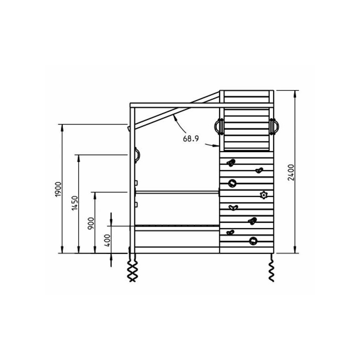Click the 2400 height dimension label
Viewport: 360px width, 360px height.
pyautogui.click(x=291, y=172)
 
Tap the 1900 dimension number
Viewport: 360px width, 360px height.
pyautogui.click(x=58, y=189)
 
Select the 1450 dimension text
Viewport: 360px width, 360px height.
pyautogui.click(x=75, y=203)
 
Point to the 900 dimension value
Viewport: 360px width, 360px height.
pyautogui.click(x=91, y=223)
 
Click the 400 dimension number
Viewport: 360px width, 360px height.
pyautogui.click(x=107, y=240)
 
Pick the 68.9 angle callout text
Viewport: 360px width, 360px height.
pyautogui.click(x=191, y=139)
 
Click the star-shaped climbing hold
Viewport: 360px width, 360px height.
pyautogui.click(x=264, y=195)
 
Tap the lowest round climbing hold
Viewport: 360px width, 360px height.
pyautogui.click(x=253, y=241)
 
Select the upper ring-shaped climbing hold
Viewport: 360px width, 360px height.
pyautogui.click(x=232, y=183)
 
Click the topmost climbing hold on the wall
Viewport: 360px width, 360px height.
pyautogui.click(x=231, y=163)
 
